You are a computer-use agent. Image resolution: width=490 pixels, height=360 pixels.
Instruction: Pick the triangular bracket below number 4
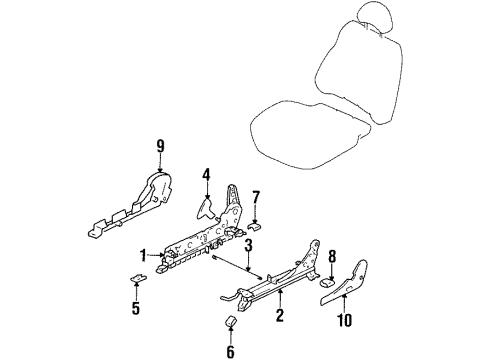(x=206, y=210)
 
